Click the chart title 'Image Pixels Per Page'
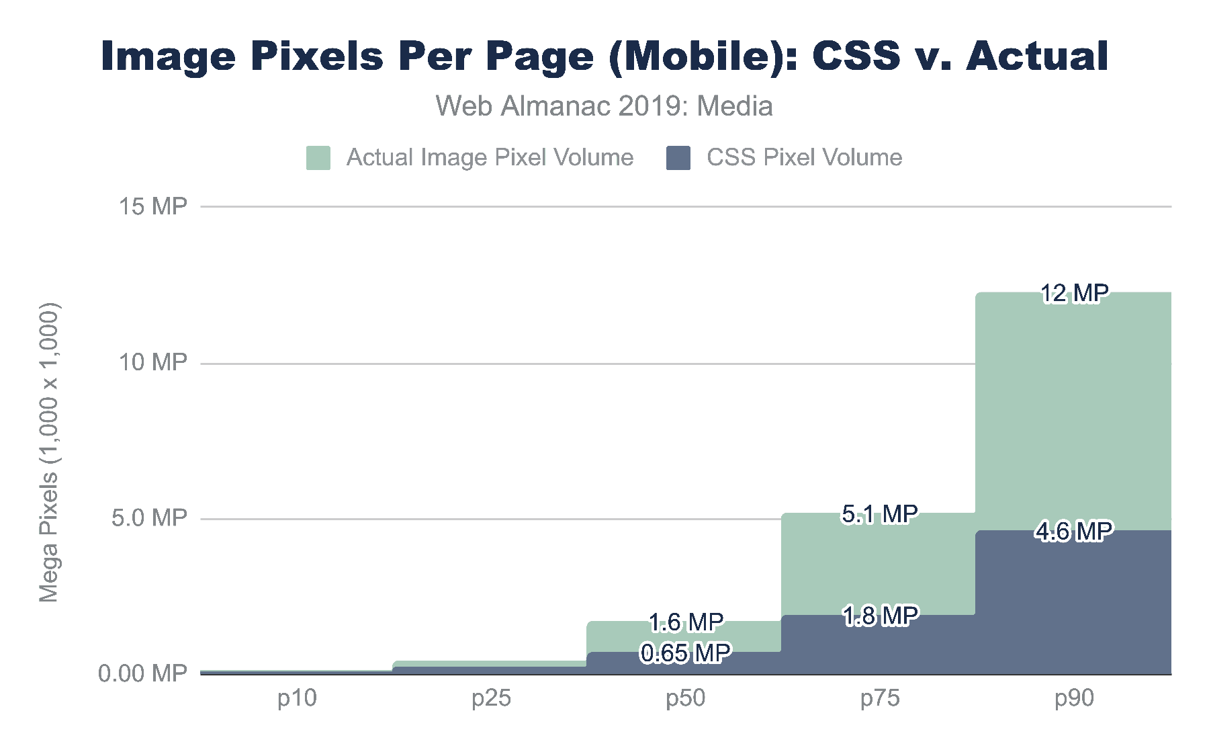pyautogui.click(x=604, y=56)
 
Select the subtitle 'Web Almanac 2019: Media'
pyautogui.click(x=604, y=106)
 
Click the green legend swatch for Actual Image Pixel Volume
pyautogui.click(x=318, y=158)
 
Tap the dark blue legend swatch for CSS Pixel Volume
pyautogui.click(x=678, y=158)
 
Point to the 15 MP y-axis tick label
pyautogui.click(x=152, y=206)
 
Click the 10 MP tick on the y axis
pyautogui.click(x=152, y=363)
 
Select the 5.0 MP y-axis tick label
pyautogui.click(x=149, y=518)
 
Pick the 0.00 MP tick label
pyautogui.click(x=142, y=673)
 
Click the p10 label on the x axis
pyautogui.click(x=297, y=698)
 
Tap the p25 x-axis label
pyautogui.click(x=491, y=698)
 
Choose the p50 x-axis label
pyautogui.click(x=685, y=698)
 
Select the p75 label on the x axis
pyautogui.click(x=880, y=698)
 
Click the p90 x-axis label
pyautogui.click(x=1074, y=698)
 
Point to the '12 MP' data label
pyautogui.click(x=1074, y=294)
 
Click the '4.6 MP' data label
pyautogui.click(x=1073, y=532)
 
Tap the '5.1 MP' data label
pyautogui.click(x=880, y=514)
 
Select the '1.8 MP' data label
pyautogui.click(x=880, y=616)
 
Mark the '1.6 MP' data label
pyautogui.click(x=686, y=622)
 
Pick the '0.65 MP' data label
pyautogui.click(x=685, y=653)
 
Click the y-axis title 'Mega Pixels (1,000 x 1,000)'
pyautogui.click(x=49, y=452)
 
